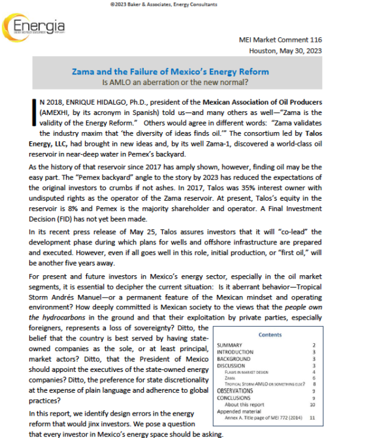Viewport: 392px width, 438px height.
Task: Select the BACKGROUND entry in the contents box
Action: [x=233, y=359]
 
